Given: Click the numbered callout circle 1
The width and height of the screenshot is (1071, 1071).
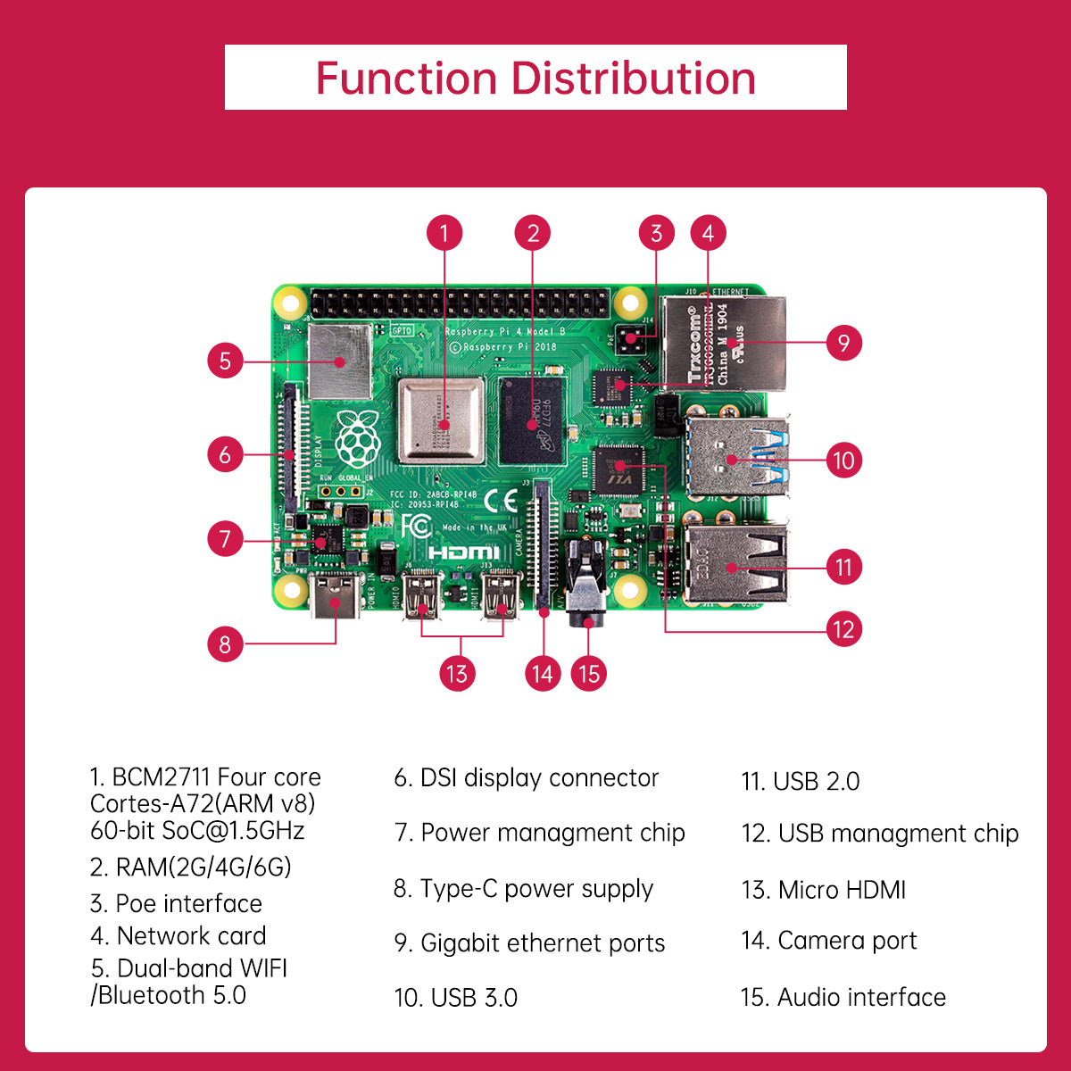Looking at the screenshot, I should [444, 234].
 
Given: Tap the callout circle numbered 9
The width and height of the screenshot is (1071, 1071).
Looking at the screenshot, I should [843, 342].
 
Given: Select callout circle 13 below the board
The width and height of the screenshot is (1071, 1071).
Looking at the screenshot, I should [456, 673].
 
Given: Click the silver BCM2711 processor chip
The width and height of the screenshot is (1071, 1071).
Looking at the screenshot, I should [442, 420].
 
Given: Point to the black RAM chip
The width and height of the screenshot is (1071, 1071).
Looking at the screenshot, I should [533, 420].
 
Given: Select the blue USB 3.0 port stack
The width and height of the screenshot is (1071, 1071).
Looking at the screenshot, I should [736, 458].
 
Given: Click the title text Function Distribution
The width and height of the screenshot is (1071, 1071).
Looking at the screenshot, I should [535, 79].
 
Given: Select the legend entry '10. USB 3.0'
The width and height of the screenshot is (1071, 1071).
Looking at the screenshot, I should [456, 998].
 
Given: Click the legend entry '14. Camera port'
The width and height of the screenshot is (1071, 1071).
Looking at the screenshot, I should [828, 941].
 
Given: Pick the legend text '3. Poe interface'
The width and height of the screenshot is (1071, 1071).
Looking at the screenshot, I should [176, 903].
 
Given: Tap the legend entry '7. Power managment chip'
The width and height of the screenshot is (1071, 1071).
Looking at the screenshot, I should [539, 833].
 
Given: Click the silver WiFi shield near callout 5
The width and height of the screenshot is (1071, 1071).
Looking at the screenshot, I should [340, 361].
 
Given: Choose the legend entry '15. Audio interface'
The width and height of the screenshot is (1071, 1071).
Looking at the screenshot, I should [843, 997].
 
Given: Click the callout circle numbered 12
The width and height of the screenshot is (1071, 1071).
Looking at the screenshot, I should [843, 629].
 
